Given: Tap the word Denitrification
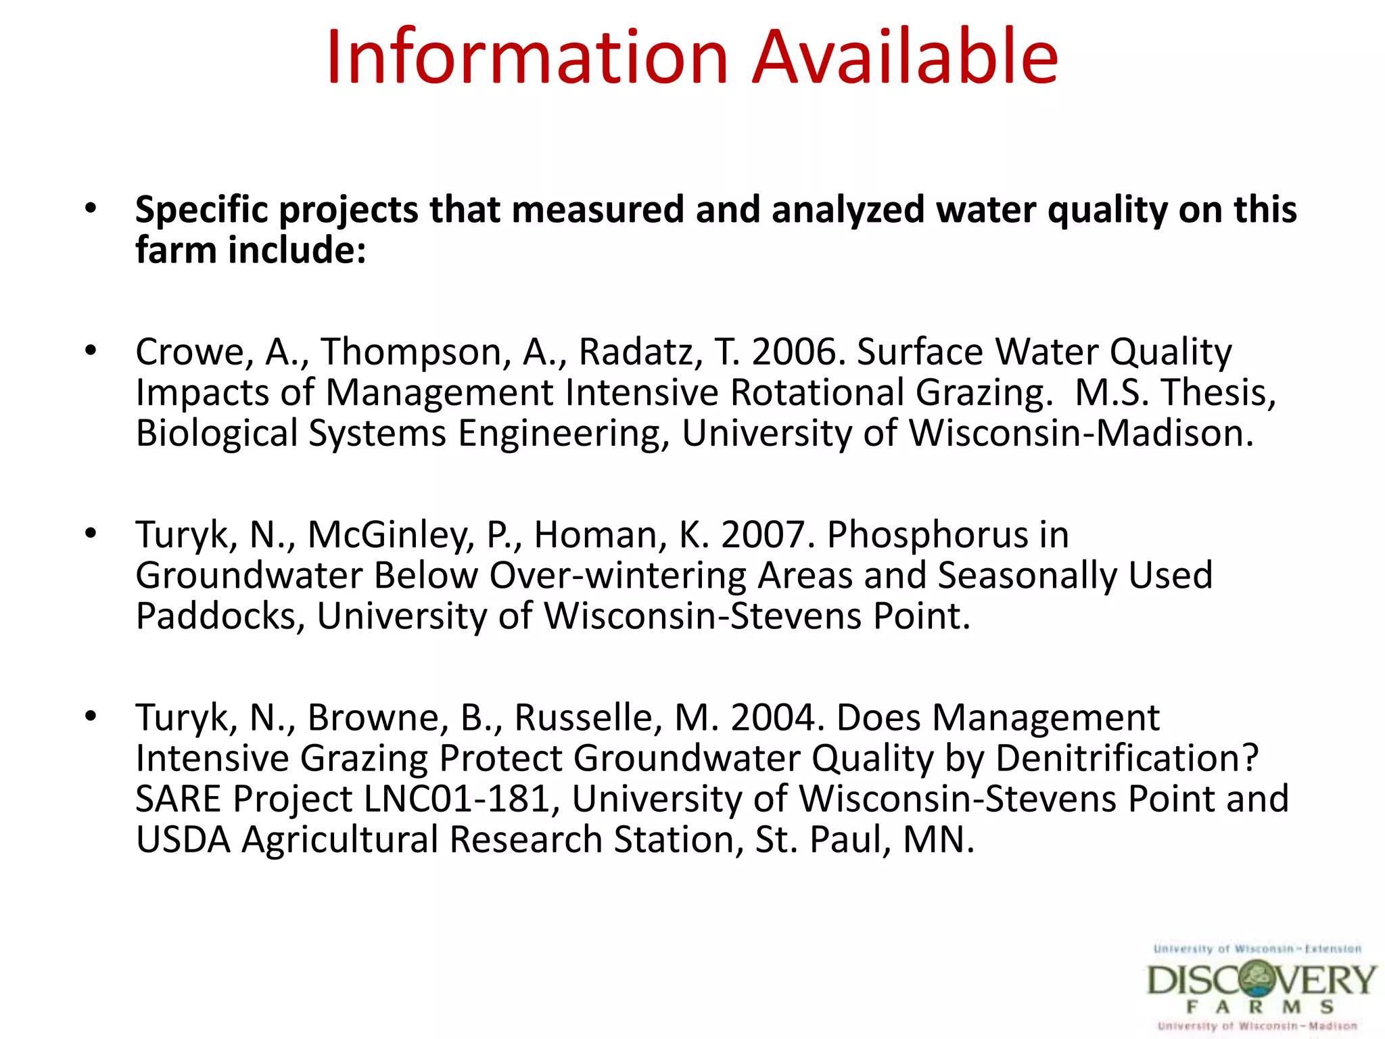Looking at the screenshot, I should tap(1127, 758).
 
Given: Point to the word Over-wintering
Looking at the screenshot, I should tap(617, 576).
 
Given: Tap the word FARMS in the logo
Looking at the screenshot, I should tap(1261, 1007).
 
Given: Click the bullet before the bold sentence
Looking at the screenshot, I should tap(91, 208).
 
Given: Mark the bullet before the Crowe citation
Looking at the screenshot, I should tap(91, 350).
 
